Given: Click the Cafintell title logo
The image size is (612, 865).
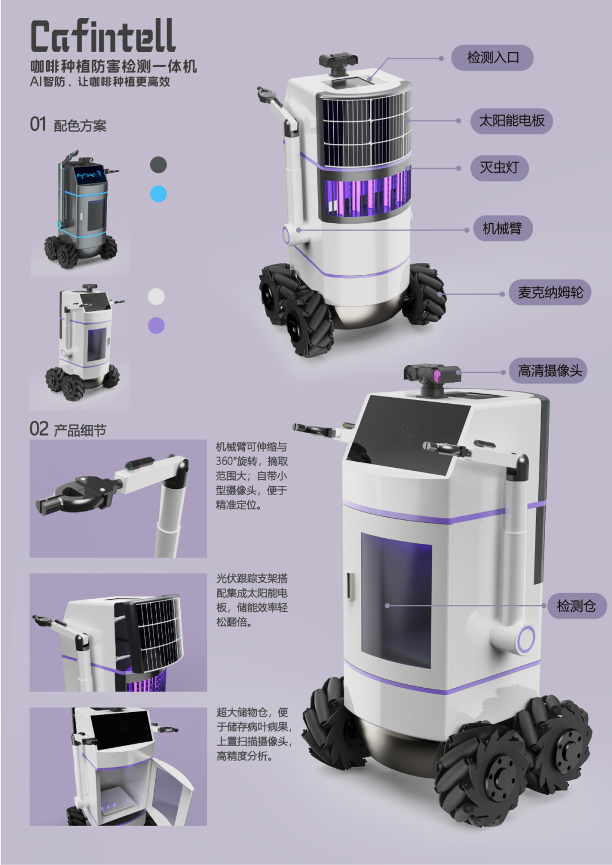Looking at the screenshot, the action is point(103,36).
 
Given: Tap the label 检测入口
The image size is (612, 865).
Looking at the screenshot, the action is point(492,58).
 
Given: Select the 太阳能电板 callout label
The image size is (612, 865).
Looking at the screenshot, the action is point(512,121).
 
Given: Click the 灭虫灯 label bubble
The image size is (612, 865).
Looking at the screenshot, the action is point(499,168).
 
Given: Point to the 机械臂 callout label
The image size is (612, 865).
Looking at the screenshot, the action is point(503,228).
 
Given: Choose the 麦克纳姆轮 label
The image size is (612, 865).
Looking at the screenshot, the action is point(550,292).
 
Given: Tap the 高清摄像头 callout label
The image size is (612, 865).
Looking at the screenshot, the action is point(548,370).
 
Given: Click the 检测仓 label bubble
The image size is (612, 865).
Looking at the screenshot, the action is point(577,606).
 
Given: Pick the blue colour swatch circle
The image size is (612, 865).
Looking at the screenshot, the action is point(159,194).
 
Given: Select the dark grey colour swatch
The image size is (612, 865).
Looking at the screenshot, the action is point(159,164).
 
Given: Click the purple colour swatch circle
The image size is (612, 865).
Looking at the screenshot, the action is point(156,326).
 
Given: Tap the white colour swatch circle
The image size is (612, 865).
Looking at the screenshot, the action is point(156,297).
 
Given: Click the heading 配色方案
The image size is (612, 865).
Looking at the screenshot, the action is point(80,126).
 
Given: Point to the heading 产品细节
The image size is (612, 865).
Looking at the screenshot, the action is point(80,430).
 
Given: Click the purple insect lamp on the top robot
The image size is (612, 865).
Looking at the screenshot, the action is point(367,194).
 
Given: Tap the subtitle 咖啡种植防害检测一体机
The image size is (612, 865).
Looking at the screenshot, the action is point(113,66).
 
